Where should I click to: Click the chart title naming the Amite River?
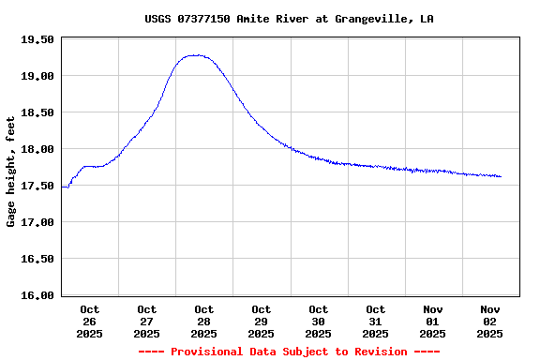(x=289, y=19)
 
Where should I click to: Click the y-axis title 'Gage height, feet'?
(x=11, y=172)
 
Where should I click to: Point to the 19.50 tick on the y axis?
(x=38, y=39)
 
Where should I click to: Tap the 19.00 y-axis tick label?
(x=38, y=76)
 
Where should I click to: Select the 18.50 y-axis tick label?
(x=38, y=112)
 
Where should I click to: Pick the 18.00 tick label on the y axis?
(x=38, y=149)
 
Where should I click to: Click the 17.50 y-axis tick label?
(x=38, y=186)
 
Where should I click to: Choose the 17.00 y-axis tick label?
(x=38, y=222)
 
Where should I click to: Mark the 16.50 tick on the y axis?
(x=38, y=259)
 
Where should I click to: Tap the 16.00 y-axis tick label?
(x=38, y=295)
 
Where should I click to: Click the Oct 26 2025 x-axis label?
(x=90, y=321)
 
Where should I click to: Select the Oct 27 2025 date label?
(x=147, y=321)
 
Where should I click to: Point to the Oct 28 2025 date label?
(x=204, y=321)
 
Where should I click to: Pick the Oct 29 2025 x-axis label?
(x=262, y=321)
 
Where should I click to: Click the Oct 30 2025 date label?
(x=319, y=321)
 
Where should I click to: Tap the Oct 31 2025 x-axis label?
(x=376, y=321)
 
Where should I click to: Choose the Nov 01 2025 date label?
(x=433, y=321)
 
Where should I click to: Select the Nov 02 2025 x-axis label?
(x=490, y=321)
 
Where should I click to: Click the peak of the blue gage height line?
(x=195, y=55)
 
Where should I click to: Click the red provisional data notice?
(x=289, y=352)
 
